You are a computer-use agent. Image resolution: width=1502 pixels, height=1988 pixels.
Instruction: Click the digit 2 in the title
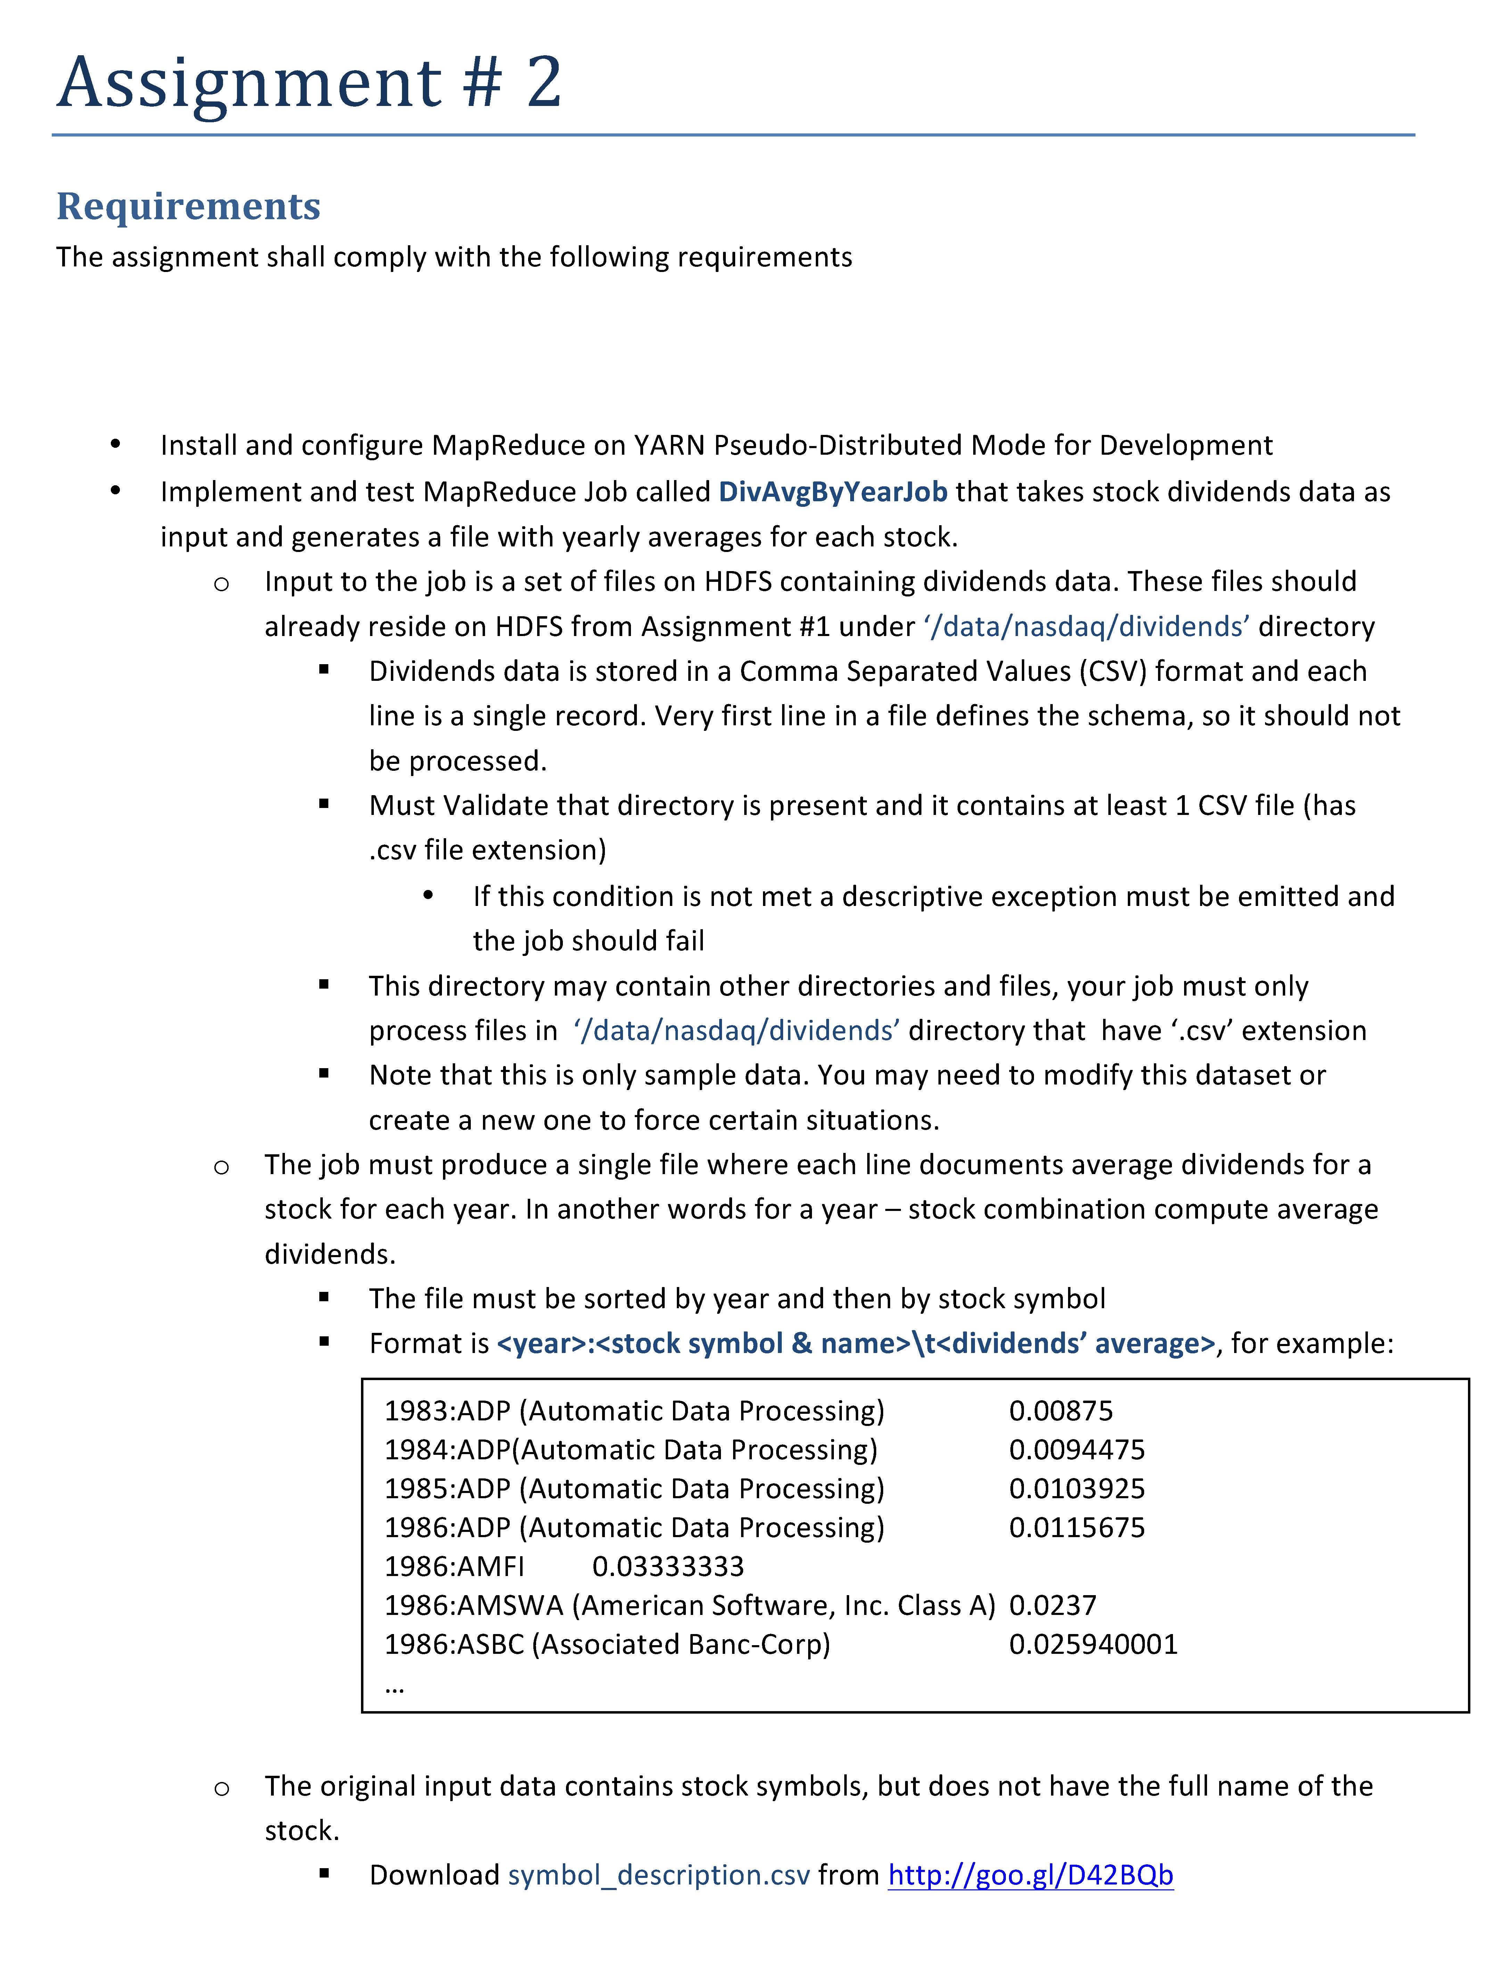544,83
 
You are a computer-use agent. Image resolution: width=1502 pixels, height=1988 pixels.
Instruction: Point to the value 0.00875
1061,1411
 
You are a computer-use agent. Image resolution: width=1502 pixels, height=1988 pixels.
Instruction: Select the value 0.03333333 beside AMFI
668,1567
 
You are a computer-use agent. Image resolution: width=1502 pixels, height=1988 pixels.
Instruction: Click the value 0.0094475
1077,1450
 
